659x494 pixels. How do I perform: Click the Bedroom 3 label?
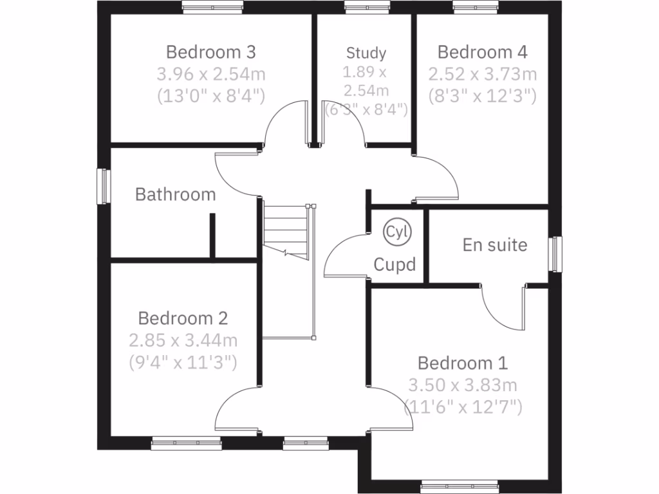coord(211,51)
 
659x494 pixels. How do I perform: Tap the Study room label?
coord(366,53)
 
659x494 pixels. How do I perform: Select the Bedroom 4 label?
coord(483,51)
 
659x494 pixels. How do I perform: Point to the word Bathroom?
coord(175,194)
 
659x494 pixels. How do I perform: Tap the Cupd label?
coord(394,264)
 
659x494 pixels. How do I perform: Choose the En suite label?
coord(495,245)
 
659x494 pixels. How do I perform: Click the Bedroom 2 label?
coord(183,318)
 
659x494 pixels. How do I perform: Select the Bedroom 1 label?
coord(462,363)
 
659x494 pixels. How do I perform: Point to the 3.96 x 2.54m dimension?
coord(211,74)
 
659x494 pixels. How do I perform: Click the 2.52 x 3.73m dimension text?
coord(483,74)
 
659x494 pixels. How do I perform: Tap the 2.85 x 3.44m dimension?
coord(183,340)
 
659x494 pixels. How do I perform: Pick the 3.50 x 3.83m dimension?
coord(462,385)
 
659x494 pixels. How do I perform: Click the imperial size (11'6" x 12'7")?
coord(462,407)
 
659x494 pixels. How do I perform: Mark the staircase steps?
coord(287,229)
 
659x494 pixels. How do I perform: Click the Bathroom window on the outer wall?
coord(102,187)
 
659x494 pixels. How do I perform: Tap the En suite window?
coord(556,254)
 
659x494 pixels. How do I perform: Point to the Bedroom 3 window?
coord(212,7)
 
